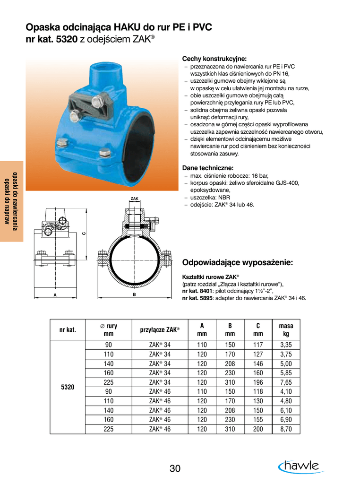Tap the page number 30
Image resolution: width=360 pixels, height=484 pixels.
[175, 469]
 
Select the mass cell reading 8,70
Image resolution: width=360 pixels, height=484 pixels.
[286, 429]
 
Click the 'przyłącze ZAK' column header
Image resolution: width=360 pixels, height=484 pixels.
[159, 329]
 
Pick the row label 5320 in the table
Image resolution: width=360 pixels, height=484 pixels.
[68, 387]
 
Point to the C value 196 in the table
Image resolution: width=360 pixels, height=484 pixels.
[258, 382]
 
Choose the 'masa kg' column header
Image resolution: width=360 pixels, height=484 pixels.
[286, 329]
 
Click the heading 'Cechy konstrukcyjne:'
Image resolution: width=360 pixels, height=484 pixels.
[214, 59]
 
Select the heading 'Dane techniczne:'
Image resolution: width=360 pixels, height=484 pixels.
[208, 168]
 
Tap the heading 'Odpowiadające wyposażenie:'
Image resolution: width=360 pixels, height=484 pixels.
[238, 262]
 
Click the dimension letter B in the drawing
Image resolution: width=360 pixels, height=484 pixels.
[134, 294]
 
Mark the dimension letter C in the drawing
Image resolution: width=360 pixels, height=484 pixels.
[83, 233]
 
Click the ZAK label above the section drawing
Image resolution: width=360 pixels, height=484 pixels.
[134, 199]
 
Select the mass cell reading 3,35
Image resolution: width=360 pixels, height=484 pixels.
[286, 345]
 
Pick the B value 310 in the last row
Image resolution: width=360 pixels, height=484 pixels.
[230, 429]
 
